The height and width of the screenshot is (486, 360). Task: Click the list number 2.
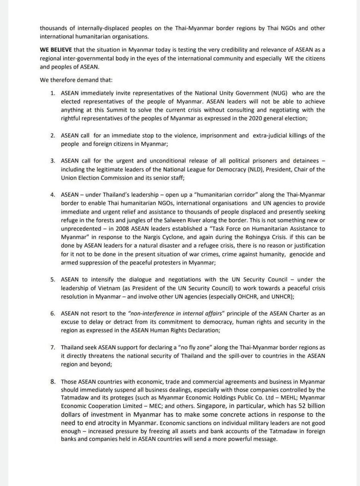pyautogui.click(x=53, y=136)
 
